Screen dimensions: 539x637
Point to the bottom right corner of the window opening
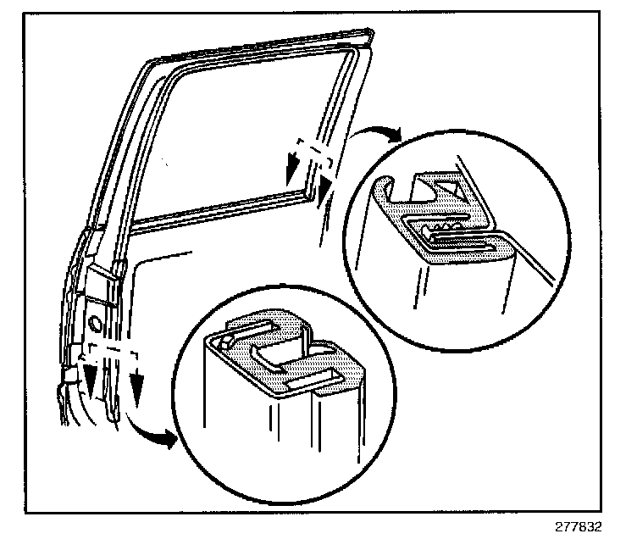311,197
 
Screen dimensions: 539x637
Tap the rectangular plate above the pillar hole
103,285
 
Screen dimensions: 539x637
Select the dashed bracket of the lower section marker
111,349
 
